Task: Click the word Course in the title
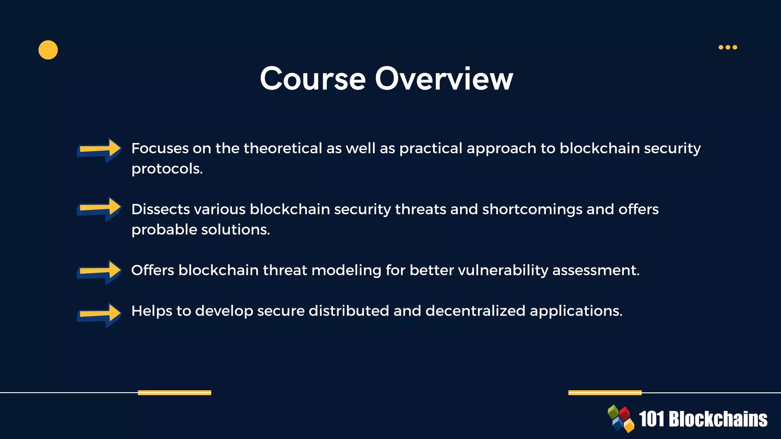[313, 79]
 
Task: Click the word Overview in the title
[444, 79]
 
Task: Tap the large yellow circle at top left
[48, 50]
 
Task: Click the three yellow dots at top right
[728, 47]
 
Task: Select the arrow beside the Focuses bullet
[100, 150]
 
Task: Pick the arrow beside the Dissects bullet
[100, 209]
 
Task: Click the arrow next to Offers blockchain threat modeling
[100, 272]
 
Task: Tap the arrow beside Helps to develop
[100, 315]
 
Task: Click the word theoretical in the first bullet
[283, 148]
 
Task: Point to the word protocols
[167, 169]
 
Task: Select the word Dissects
[161, 209]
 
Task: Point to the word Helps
[151, 311]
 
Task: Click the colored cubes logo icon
[621, 419]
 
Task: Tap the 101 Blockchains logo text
[703, 419]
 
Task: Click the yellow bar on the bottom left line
[174, 393]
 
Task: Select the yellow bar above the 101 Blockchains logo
[605, 393]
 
